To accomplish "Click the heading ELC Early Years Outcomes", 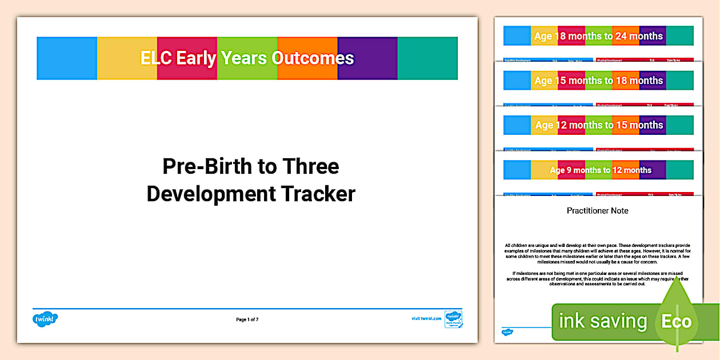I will pos(247,58).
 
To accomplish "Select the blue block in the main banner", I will pos(67,58).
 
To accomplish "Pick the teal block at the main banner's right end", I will pos(427,58).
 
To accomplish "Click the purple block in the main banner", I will pos(367,58).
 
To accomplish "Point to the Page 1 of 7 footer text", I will pos(247,319).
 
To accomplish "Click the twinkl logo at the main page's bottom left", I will pos(46,319).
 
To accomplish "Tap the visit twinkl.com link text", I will pos(426,319).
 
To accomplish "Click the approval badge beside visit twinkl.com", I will pos(454,319).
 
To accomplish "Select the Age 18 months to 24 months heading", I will pos(598,36).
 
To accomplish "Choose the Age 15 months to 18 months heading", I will pos(598,81).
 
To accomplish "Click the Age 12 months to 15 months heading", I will pos(598,125).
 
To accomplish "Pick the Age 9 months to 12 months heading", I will pos(600,170).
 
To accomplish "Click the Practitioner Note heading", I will pos(597,211).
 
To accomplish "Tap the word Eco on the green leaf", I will pos(676,321).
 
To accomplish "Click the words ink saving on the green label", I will pos(602,321).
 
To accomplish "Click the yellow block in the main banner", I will pos(127,58).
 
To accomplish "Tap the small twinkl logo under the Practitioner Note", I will pos(507,331).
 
